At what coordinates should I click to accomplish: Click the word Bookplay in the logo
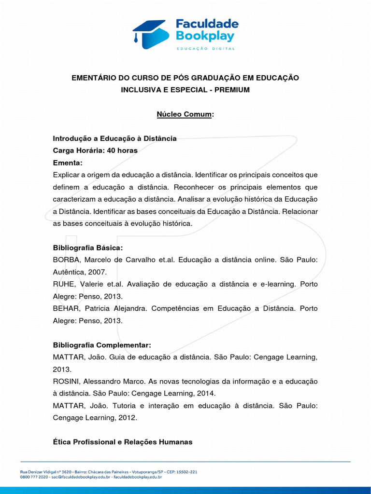tap(205, 36)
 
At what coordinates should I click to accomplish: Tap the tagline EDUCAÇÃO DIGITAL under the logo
tap(205, 49)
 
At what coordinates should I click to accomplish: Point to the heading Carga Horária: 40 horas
tap(95, 151)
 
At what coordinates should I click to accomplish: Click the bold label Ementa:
tap(68, 163)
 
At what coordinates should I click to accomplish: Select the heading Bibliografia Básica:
tap(88, 248)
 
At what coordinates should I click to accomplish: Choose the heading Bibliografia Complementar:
tap(102, 345)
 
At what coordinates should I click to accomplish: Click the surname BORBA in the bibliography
tap(65, 260)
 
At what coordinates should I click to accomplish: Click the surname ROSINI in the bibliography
tap(66, 382)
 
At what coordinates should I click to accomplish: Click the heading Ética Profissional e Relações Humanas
tap(123, 442)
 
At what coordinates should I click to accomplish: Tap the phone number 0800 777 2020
tap(34, 477)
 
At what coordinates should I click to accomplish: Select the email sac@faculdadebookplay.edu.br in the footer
tap(80, 477)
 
